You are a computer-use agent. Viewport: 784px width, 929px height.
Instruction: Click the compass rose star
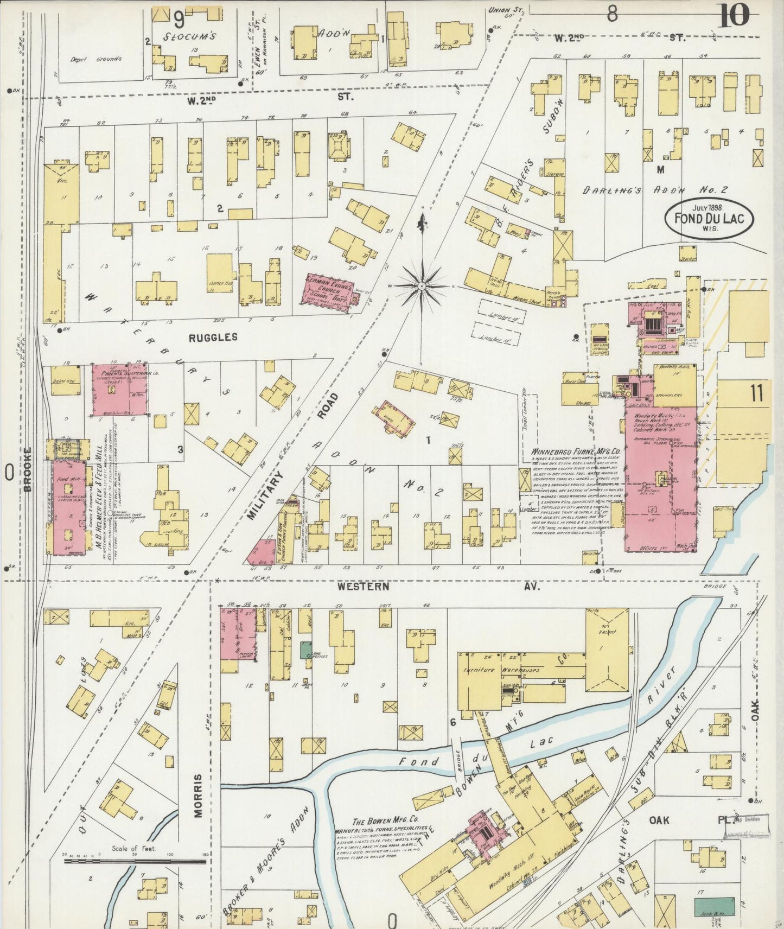point(422,285)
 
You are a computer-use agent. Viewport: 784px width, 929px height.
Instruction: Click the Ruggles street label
point(213,338)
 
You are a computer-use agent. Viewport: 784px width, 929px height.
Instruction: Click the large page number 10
point(735,15)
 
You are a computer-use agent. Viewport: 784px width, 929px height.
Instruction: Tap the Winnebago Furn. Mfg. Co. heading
point(575,451)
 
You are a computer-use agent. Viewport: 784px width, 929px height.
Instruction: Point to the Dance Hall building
point(220,275)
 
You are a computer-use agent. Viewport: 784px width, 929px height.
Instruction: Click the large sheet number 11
point(757,393)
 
